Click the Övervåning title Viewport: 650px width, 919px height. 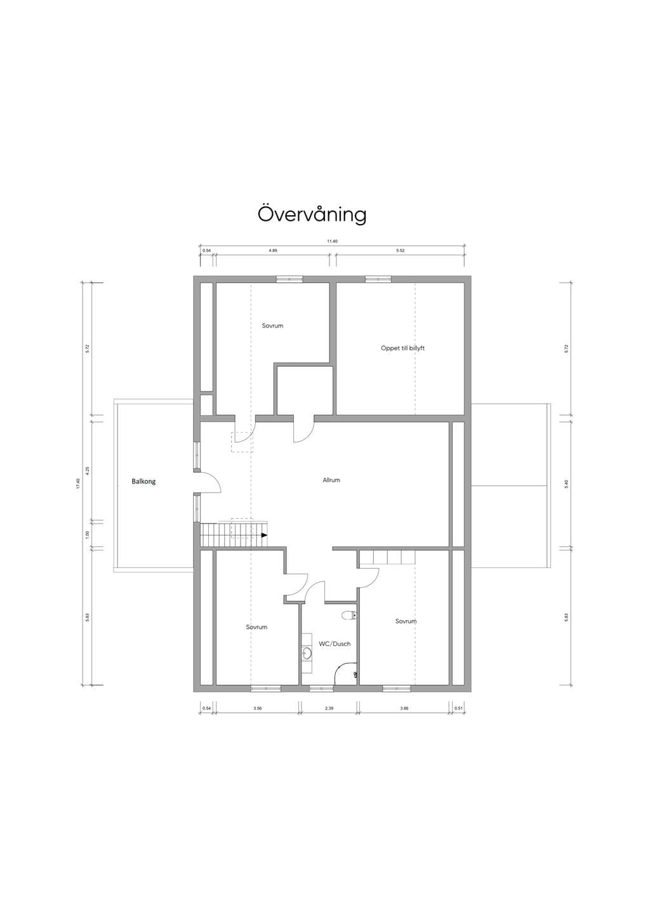tap(312, 214)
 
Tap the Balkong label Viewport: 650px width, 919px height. tap(143, 482)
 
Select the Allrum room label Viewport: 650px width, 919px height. tap(331, 480)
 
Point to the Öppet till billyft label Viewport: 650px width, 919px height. tap(402, 348)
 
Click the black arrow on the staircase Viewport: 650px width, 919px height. tap(264, 536)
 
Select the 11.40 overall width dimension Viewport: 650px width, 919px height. tap(332, 241)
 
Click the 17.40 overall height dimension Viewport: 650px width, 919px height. tap(78, 483)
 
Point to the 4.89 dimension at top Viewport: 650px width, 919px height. tap(273, 250)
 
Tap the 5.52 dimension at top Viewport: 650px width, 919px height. tap(401, 250)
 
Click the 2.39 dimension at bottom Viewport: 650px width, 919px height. tap(329, 708)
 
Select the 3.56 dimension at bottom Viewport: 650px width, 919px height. tap(257, 708)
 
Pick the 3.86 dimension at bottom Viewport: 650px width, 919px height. tap(404, 708)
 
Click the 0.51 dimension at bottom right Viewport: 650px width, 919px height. tap(458, 708)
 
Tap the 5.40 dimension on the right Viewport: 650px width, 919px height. tap(566, 484)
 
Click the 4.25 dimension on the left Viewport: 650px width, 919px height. tap(87, 470)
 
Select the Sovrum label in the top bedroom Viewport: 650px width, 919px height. tap(272, 326)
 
